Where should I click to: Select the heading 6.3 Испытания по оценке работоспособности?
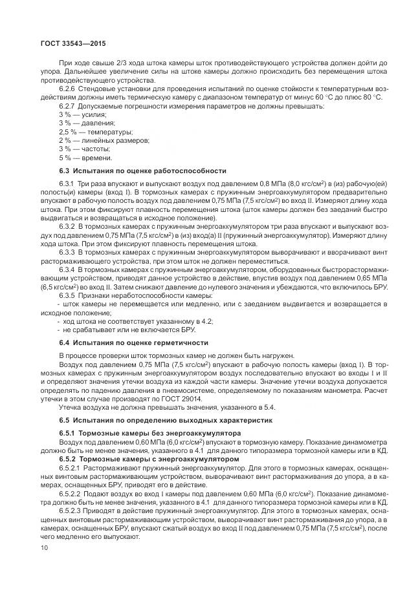pos(142,171)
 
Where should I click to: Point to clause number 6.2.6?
pos(68,87)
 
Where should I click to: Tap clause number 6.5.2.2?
pos(71,492)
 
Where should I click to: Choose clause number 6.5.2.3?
pos(71,510)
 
